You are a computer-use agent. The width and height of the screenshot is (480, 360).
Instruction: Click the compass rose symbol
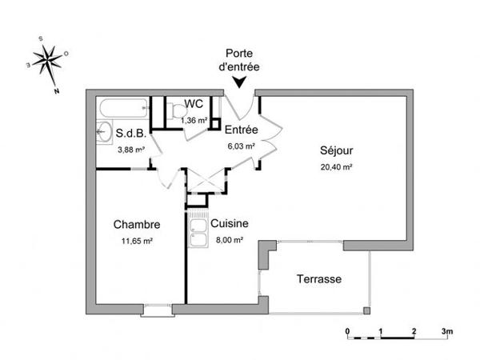[x=49, y=60]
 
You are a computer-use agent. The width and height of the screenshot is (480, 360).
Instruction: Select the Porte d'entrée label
[x=240, y=61]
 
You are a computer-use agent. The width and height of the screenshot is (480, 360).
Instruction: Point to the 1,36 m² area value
[x=194, y=120]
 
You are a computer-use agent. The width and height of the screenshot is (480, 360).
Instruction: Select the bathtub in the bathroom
[x=122, y=108]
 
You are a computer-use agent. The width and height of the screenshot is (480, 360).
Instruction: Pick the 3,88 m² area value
[x=131, y=150]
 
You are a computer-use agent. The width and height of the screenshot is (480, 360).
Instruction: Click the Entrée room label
[x=240, y=130]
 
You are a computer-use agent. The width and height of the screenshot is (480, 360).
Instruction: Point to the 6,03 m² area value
[x=240, y=146]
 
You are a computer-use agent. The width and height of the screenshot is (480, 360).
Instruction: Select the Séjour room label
[x=336, y=150]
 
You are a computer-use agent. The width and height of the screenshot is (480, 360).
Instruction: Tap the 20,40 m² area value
[x=336, y=167]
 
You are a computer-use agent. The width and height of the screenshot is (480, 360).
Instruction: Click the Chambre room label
[x=137, y=225]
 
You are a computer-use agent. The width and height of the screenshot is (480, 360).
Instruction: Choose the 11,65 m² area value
[x=137, y=241]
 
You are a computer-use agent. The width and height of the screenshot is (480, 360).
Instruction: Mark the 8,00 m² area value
[x=229, y=240]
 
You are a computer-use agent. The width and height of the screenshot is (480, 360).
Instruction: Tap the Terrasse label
[x=319, y=279]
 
